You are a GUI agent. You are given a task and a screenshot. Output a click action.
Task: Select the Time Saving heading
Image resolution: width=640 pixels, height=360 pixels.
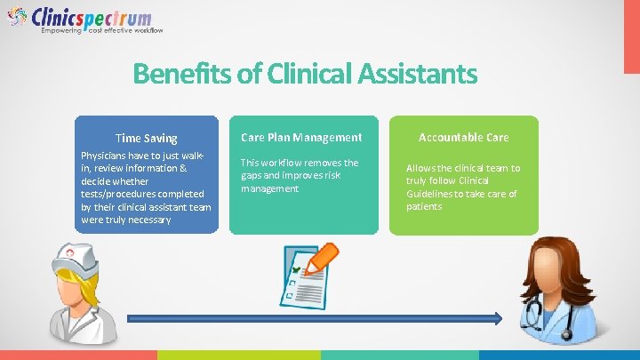[147, 138]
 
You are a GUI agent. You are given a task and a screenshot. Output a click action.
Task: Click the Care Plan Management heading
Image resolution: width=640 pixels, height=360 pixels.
[301, 138]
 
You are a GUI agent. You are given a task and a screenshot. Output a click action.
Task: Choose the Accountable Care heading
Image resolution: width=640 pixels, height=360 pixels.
[463, 138]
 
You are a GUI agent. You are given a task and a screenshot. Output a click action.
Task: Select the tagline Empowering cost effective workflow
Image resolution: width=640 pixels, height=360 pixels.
[102, 31]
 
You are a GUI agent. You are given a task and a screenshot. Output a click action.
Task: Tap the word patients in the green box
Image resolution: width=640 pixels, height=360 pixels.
[424, 206]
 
